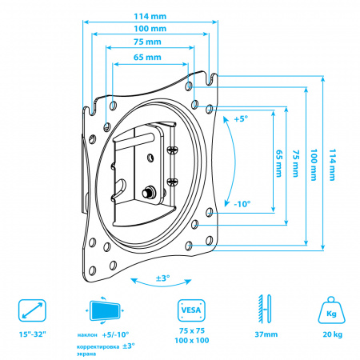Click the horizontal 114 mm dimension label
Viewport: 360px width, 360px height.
pos(150,17)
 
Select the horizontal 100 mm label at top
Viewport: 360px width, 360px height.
pos(150,29)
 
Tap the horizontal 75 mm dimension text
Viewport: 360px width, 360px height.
pos(147,42)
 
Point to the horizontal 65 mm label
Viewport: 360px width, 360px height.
pos(147,58)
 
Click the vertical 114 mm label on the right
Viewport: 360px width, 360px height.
pos(332,165)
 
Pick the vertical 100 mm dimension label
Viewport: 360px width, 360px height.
pos(314,165)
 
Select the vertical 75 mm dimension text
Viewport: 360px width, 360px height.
pos(296,163)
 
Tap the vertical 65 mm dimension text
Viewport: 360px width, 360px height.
pos(279,163)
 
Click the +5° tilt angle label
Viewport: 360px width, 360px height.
pos(241,119)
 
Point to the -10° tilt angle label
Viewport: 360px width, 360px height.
pos(242,204)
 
